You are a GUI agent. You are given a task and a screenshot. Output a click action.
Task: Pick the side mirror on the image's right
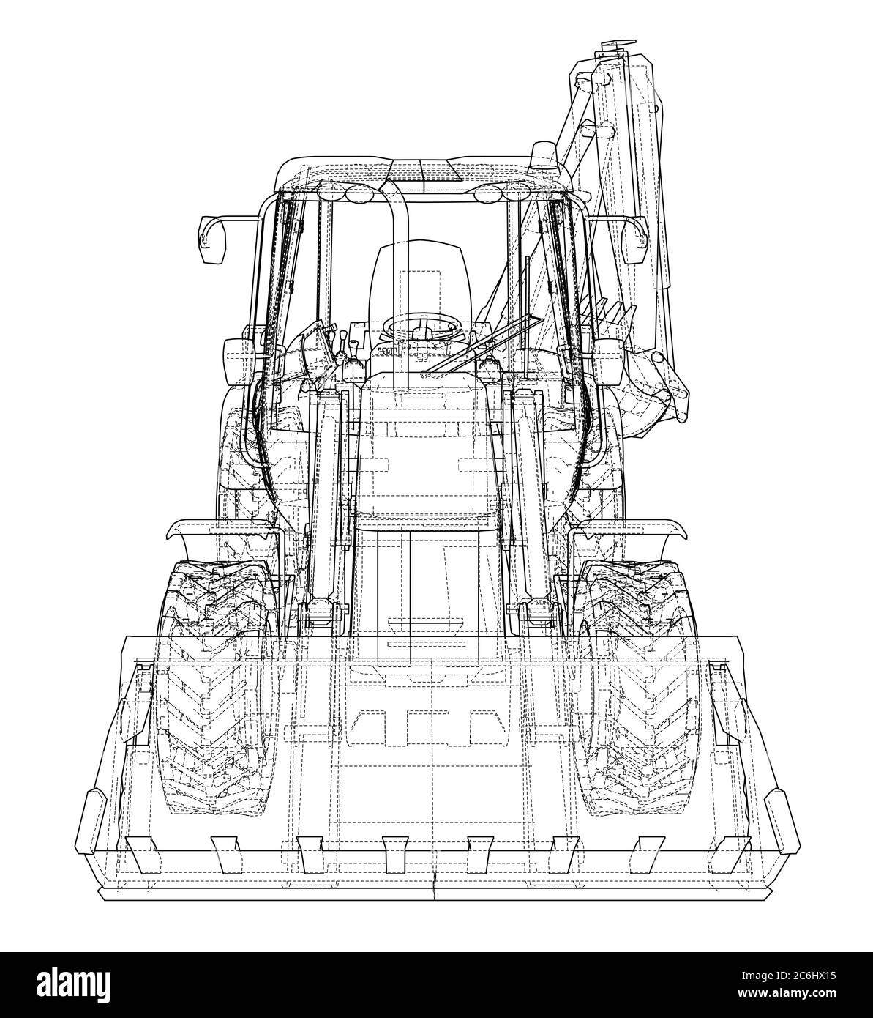pyautogui.click(x=634, y=242)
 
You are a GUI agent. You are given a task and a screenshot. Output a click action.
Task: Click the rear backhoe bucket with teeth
pyautogui.click(x=651, y=381)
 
